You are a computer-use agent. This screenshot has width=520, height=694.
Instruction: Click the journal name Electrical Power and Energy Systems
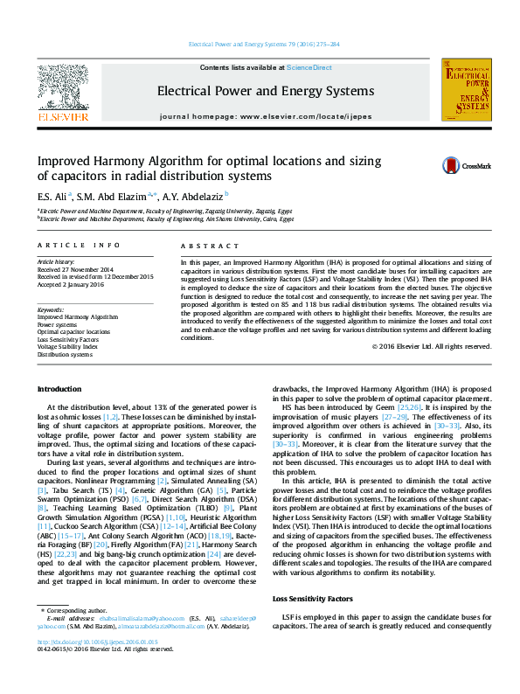[x=265, y=91]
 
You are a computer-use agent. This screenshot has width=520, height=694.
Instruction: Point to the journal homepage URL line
[x=265, y=116]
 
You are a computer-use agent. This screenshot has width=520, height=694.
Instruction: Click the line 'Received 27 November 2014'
[x=76, y=269]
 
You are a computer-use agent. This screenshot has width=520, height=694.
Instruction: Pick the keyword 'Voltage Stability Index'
[x=67, y=347]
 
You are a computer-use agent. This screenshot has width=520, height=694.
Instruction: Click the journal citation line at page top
[x=265, y=44]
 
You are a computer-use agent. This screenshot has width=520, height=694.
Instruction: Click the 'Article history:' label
[x=56, y=262]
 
